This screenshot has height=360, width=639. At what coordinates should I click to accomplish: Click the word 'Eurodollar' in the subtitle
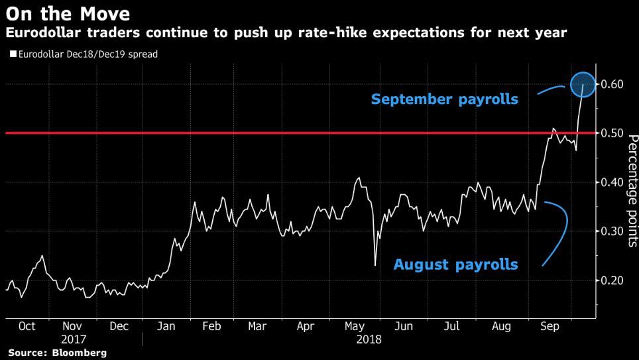pos(40,32)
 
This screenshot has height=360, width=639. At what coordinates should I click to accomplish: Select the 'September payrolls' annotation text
pos(444,100)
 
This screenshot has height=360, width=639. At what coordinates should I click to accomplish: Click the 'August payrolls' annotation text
pos(455,265)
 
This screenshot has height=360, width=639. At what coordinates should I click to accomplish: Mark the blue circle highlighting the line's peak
pos(583,84)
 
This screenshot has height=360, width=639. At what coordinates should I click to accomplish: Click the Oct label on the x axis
pos(27,327)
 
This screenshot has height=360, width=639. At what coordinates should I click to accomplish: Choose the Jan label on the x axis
pos(166,327)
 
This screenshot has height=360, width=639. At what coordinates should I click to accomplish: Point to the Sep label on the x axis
pos(550,327)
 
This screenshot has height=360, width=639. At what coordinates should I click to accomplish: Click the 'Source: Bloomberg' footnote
pos(58,353)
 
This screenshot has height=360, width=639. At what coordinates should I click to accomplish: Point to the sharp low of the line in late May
pos(375,266)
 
